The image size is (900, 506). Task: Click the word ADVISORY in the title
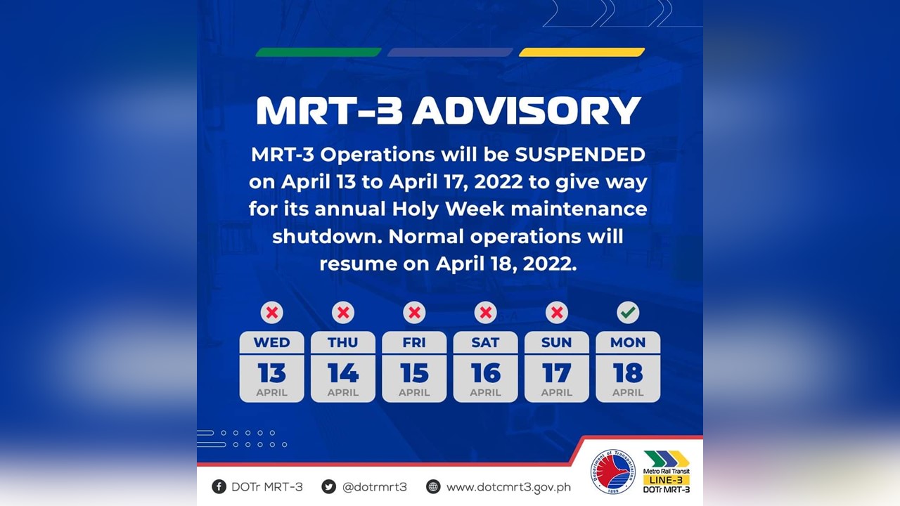526,110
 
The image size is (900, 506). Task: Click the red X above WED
272,313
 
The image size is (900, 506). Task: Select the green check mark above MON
628,313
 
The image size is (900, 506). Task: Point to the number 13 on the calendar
272,373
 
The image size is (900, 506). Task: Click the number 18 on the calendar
628,373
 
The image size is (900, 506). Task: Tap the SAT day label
485,343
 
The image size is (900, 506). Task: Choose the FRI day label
414,343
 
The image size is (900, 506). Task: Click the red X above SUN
557,313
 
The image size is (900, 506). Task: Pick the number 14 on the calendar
343,373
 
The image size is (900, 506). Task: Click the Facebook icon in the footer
219,486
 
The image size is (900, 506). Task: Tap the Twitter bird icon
328,486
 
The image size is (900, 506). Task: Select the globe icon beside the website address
433,486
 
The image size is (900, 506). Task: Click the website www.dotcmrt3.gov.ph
508,486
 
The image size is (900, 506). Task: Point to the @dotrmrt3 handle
374,486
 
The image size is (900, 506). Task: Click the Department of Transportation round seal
612,472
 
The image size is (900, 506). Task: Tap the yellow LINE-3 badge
667,480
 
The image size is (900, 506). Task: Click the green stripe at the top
318,52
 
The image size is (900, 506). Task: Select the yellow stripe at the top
582,52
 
